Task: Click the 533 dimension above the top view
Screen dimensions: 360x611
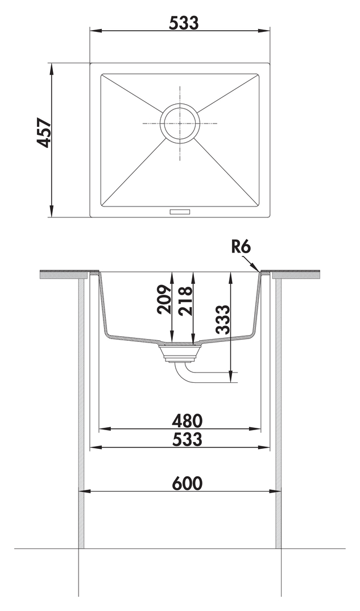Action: (184, 23)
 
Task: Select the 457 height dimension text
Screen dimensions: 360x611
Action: (44, 133)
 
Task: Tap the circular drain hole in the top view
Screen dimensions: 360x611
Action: (180, 123)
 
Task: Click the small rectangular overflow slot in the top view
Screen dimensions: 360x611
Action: (179, 212)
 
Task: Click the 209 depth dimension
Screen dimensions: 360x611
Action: (163, 299)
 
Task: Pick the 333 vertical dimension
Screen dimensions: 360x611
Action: (224, 320)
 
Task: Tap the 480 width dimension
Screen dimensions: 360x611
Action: (188, 420)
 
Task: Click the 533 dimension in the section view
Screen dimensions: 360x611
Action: (188, 439)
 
